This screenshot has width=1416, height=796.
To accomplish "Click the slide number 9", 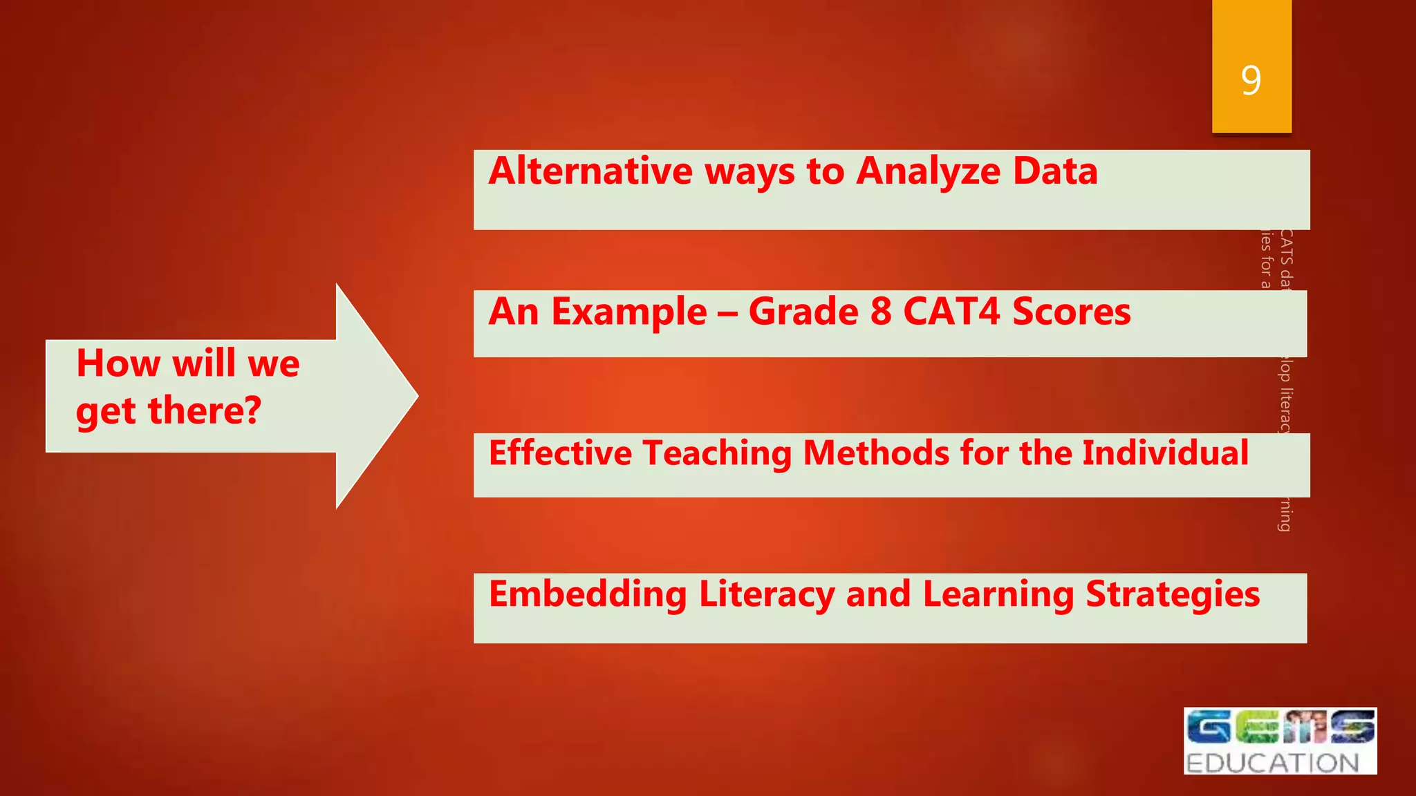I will [x=1251, y=80].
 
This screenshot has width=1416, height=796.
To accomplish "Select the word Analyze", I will [x=928, y=172].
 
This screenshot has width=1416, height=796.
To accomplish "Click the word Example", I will [x=629, y=312].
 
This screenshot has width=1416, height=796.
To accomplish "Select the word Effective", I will [x=560, y=453].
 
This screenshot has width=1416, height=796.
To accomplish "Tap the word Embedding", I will [x=588, y=594].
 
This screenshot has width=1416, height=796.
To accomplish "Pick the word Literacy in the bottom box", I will [x=766, y=594].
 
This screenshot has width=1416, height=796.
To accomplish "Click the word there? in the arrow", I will [x=205, y=410].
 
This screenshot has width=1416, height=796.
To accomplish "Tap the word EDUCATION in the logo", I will [x=1273, y=763].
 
